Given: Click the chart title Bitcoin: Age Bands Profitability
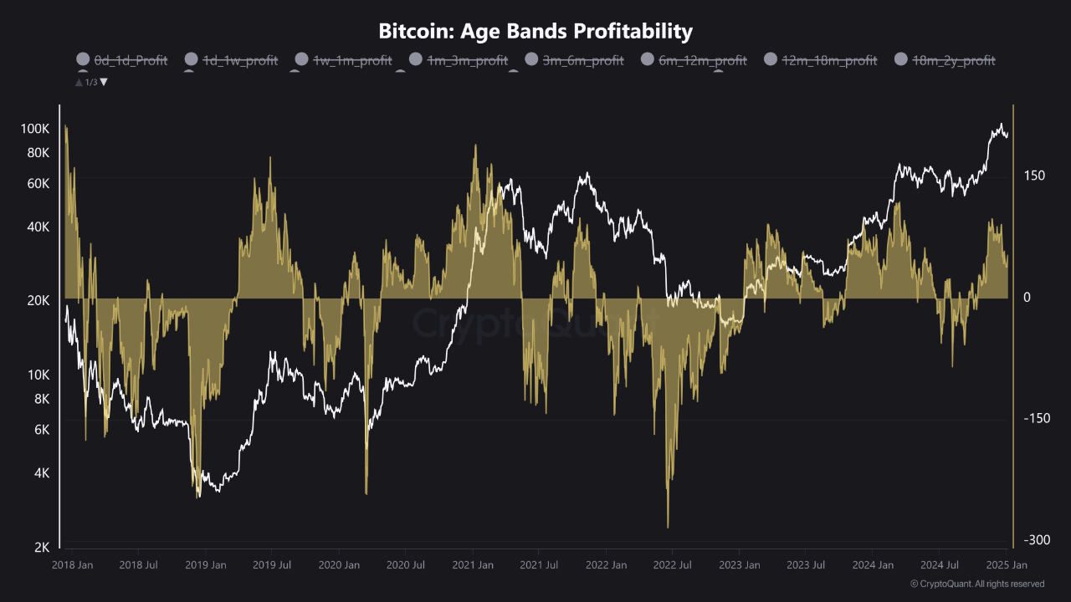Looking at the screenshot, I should tap(535, 32).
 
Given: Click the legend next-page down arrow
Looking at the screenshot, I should tap(104, 82).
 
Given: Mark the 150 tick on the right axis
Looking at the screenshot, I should tap(1034, 176).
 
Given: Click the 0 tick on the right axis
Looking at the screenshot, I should tap(1027, 298).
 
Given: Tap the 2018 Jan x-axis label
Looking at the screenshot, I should tap(72, 565).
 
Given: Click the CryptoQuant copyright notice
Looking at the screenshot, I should tap(976, 584).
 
